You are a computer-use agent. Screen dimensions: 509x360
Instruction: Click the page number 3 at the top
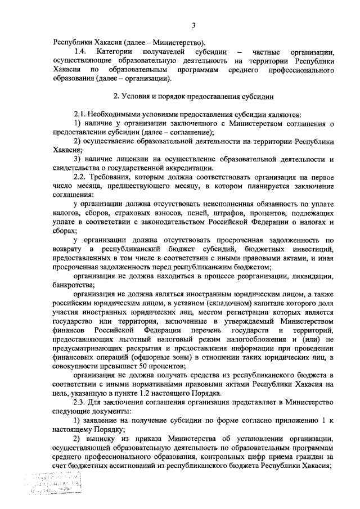(193, 25)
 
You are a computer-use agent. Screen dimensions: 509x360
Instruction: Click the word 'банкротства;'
(74, 285)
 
